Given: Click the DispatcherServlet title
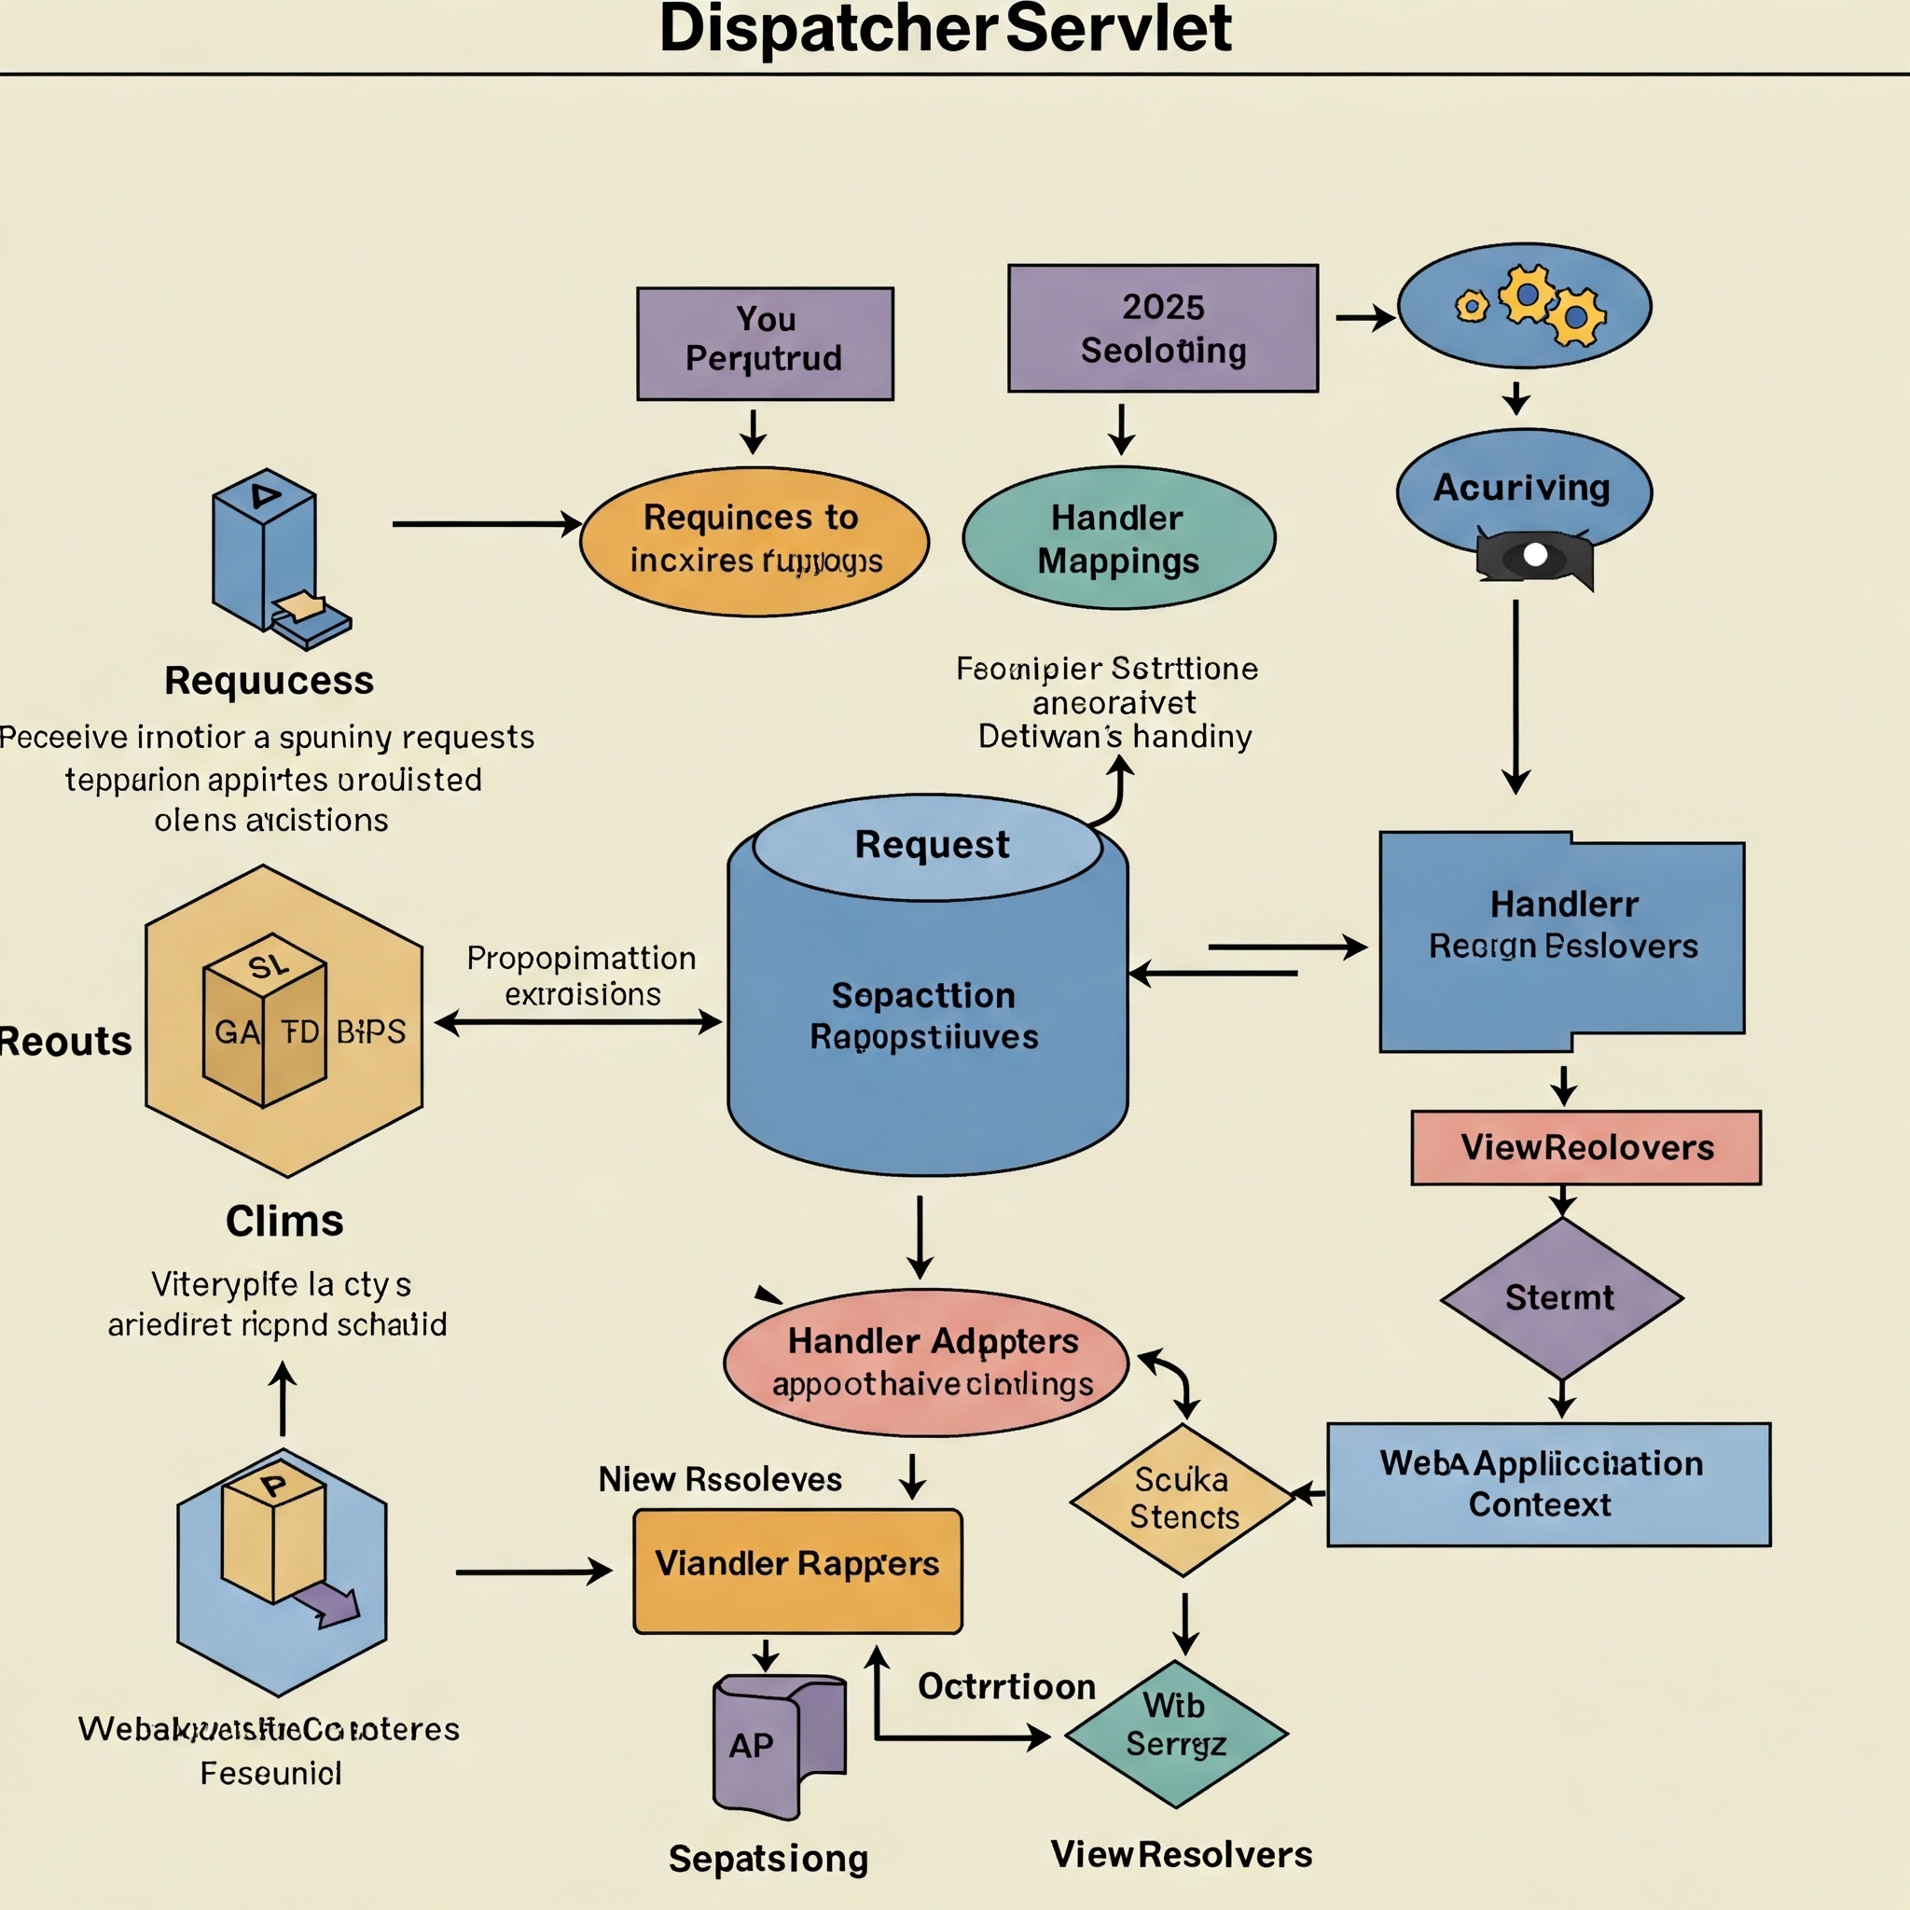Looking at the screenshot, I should coord(945,30).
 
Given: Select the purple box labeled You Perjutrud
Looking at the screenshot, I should coord(765,343).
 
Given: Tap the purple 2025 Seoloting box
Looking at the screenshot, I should coord(1163,328).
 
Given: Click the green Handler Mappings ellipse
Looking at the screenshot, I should coord(1118,539).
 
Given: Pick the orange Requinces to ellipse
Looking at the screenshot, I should coord(754,541).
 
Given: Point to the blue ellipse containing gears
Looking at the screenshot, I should coord(1524,306).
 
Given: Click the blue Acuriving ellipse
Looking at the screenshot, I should coord(1522,488).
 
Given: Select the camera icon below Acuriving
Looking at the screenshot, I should coord(1533,558).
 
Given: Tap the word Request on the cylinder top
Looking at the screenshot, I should coord(932,845).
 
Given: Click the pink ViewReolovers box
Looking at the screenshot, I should coord(1585,1148).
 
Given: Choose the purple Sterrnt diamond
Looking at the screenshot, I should coord(1561,1298).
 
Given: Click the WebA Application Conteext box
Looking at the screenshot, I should coord(1548,1484).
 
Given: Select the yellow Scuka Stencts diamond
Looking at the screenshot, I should coord(1183,1499).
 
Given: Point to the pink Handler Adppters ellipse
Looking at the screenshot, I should coord(925,1362).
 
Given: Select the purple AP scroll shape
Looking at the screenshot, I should coord(777,1746).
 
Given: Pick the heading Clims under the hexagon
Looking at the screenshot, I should coord(284,1221).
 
